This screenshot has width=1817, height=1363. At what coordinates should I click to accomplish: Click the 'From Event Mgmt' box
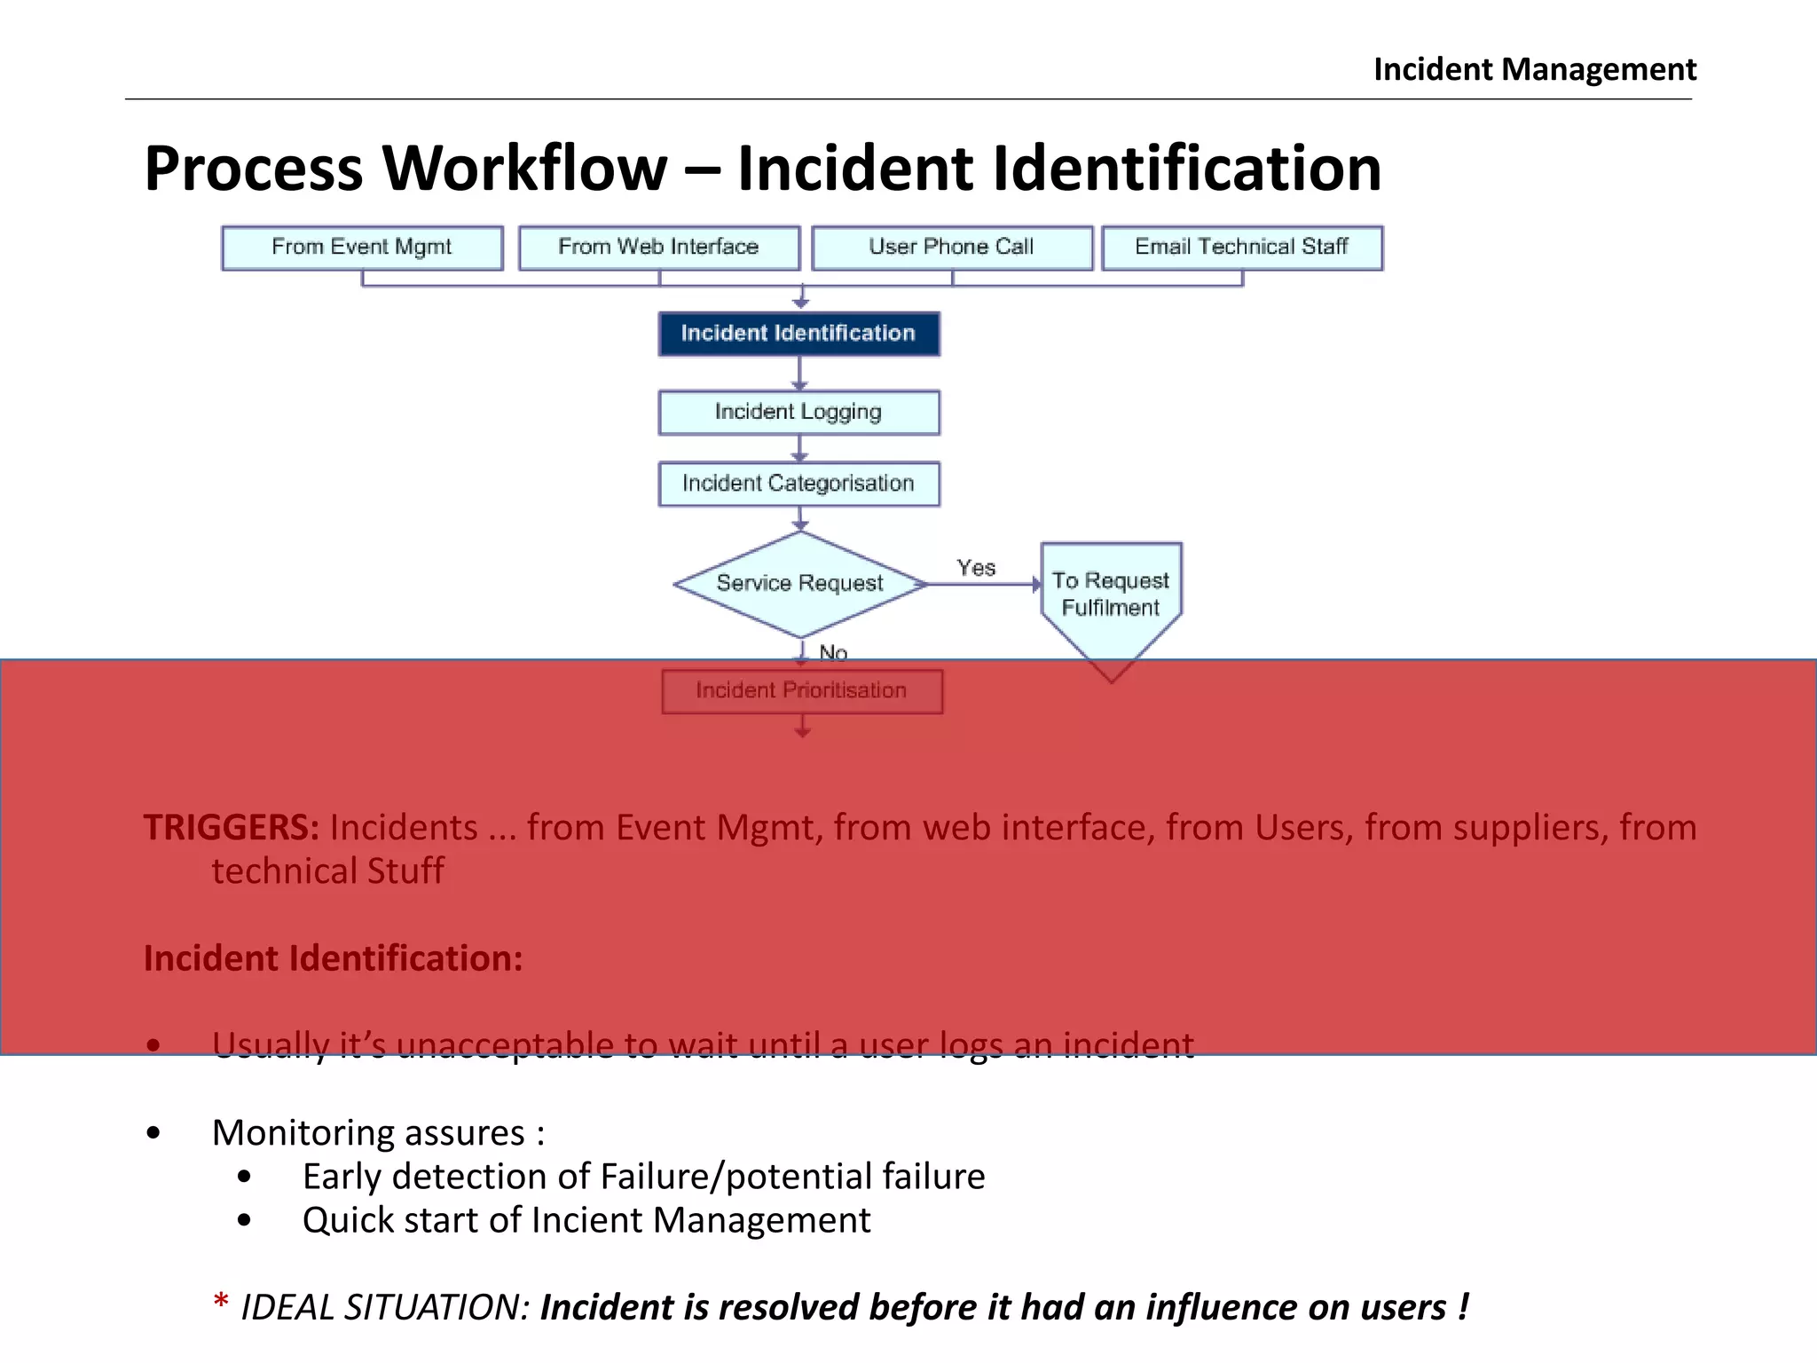point(362,248)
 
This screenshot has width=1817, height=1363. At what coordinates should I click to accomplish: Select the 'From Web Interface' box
point(658,248)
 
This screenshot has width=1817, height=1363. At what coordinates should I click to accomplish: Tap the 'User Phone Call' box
point(952,248)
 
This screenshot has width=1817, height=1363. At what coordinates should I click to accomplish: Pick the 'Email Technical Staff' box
point(1242,248)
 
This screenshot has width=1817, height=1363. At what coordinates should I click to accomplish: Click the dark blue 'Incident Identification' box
point(798,334)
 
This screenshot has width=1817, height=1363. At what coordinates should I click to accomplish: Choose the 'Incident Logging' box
point(798,413)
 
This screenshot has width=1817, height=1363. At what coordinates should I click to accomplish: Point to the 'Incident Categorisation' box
point(798,484)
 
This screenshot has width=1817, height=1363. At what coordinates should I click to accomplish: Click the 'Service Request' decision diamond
point(800,584)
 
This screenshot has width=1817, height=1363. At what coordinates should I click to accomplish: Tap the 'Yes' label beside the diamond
point(976,568)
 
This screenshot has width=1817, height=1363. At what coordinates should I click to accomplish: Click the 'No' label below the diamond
point(833,652)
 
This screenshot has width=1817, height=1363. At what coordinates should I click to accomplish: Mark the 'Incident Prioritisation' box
point(802,691)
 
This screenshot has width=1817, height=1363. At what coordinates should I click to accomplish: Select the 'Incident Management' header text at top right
point(1535,69)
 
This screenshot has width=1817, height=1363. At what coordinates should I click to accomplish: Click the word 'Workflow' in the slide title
point(524,169)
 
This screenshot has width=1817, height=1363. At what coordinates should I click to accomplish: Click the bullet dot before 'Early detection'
point(245,1178)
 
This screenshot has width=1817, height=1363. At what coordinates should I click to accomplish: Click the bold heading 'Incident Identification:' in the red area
point(334,959)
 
